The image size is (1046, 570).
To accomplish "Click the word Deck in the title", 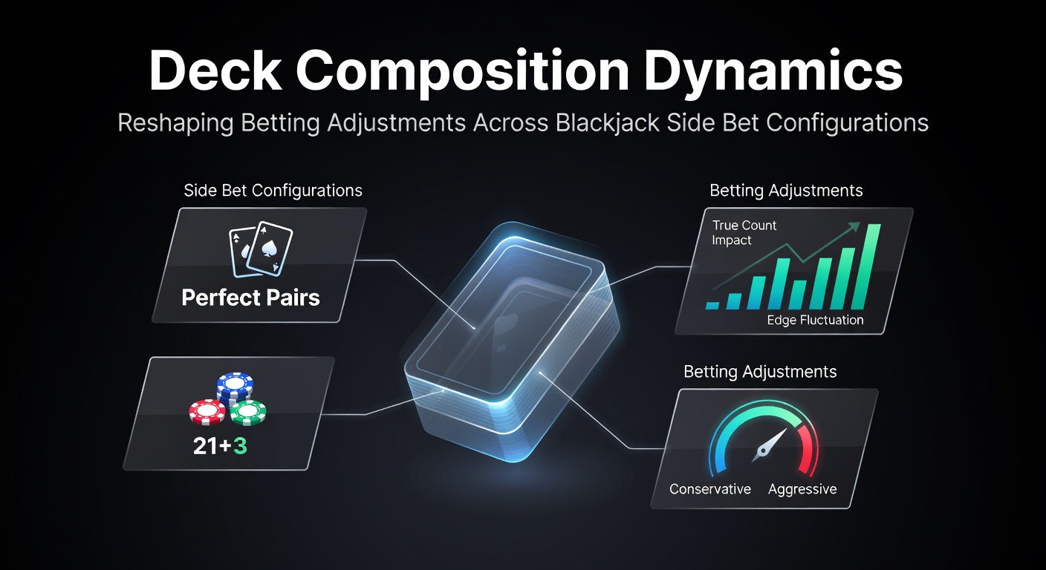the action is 215,71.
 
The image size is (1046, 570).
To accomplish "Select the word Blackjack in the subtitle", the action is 608,123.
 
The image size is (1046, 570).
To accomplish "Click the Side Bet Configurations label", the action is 273,190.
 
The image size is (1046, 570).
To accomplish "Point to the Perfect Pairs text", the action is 251,297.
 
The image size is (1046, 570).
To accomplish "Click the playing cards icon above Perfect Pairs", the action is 261,249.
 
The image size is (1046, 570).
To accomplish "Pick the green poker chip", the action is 248,413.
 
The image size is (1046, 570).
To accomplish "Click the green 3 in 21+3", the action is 239,446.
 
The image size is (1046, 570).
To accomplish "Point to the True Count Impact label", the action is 744,233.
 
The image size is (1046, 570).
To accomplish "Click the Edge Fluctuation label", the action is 815,320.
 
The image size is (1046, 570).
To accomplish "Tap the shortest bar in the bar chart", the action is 712,306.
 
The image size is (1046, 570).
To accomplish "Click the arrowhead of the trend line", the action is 854,226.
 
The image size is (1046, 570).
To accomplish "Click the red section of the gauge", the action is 810,448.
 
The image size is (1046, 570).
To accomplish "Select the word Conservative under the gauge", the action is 709,489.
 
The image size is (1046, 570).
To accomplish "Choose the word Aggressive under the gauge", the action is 802,489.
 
